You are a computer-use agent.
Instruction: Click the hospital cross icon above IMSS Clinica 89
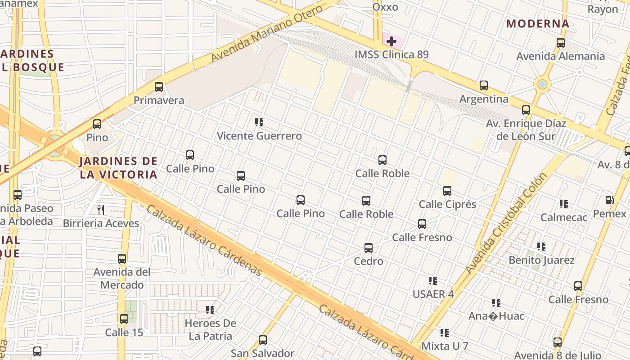click(x=391, y=41)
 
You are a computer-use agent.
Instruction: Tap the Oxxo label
click(x=385, y=7)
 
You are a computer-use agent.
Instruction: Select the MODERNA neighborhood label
click(x=538, y=24)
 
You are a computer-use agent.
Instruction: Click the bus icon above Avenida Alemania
click(x=561, y=43)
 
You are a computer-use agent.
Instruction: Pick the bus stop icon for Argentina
click(x=484, y=85)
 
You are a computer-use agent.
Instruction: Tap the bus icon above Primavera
click(x=159, y=87)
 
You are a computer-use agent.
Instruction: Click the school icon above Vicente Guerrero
click(x=259, y=122)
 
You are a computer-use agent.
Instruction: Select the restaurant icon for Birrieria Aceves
click(x=101, y=210)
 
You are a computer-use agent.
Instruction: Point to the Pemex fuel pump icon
click(x=610, y=200)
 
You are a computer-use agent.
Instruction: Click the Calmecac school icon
click(x=564, y=204)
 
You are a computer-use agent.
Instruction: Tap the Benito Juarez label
click(x=541, y=260)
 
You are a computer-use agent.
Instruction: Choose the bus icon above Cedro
click(x=369, y=248)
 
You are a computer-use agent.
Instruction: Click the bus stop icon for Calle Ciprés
click(x=447, y=191)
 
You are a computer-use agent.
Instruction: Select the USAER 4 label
click(x=433, y=294)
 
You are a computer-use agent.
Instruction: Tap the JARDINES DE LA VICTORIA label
click(x=119, y=168)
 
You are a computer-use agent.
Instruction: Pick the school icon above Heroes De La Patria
click(x=210, y=310)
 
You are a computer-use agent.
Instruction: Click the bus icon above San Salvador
click(x=263, y=340)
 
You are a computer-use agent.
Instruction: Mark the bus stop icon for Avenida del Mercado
click(x=122, y=259)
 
